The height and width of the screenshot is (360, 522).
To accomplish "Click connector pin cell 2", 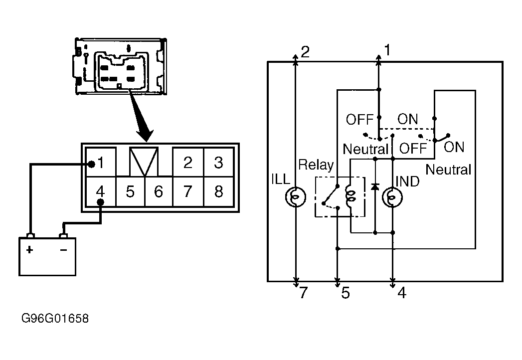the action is [x=188, y=162].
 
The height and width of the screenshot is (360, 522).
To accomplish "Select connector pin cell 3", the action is [x=218, y=162].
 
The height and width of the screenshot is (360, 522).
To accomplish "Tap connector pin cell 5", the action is [x=131, y=191].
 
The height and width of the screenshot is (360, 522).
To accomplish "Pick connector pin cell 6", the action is [x=159, y=191].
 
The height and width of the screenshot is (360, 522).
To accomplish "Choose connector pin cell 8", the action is [x=218, y=191].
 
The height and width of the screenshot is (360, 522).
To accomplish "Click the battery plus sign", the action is [x=29, y=249].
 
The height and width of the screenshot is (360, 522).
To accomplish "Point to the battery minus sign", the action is [x=63, y=250].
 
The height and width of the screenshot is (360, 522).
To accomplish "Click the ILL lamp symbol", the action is [x=295, y=197].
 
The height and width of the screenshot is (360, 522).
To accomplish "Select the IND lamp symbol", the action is [x=392, y=197].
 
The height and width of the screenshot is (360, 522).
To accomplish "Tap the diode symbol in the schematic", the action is [x=375, y=186].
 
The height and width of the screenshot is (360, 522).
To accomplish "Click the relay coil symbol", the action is [x=350, y=196].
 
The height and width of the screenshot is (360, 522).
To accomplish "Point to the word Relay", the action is [x=316, y=165].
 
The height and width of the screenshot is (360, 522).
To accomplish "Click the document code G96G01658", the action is [x=55, y=319].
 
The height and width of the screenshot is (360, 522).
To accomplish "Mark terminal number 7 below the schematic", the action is [x=303, y=293].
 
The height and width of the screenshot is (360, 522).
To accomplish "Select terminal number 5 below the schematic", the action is [x=346, y=293].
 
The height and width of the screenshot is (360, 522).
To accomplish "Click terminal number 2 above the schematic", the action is [x=305, y=52].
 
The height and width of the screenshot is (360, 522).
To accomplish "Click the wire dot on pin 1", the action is [x=91, y=164].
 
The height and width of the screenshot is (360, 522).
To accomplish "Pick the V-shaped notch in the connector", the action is [x=144, y=162].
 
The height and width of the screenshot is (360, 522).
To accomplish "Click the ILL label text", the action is [x=281, y=180].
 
